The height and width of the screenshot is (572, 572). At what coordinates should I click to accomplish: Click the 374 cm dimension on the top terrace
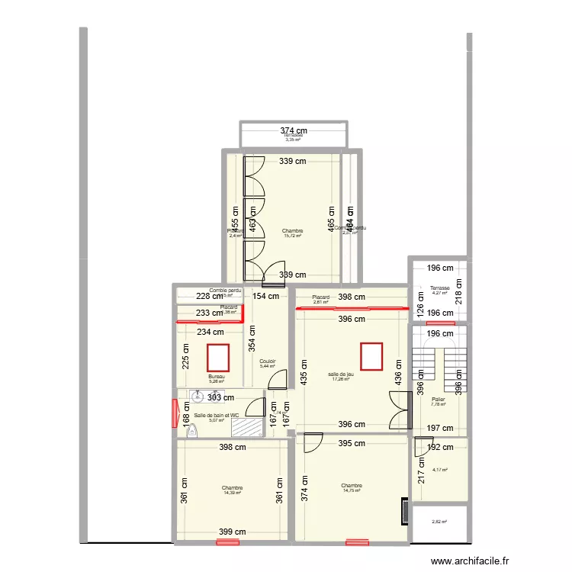tap(294, 130)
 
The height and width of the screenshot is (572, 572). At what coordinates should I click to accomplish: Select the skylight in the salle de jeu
tap(371, 355)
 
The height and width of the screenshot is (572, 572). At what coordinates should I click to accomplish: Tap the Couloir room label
tap(267, 362)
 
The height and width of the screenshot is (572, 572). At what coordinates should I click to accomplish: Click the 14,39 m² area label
tap(232, 493)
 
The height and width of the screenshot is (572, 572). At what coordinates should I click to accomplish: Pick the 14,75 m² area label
tap(352, 491)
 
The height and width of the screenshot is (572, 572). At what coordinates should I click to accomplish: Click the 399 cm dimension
tap(233, 532)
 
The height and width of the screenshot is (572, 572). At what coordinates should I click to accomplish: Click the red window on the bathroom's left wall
tap(174, 413)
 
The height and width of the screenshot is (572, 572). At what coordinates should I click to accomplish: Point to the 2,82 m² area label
tap(439, 522)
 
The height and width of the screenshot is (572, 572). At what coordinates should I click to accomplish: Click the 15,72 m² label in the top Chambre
tap(292, 236)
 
